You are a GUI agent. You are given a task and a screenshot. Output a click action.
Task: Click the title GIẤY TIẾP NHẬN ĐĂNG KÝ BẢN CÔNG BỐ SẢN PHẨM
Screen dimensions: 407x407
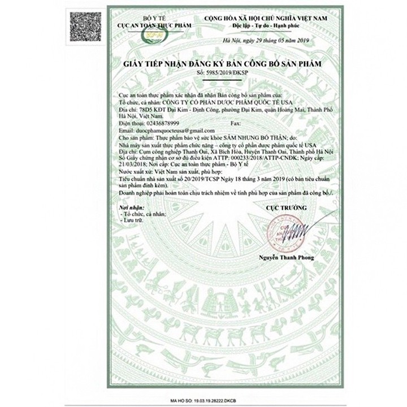pos(222,65)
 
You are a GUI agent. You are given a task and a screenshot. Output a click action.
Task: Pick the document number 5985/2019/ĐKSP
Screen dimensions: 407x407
pos(228,73)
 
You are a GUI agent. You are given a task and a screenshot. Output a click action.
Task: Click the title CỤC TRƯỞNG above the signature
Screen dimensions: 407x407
pos(287,209)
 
